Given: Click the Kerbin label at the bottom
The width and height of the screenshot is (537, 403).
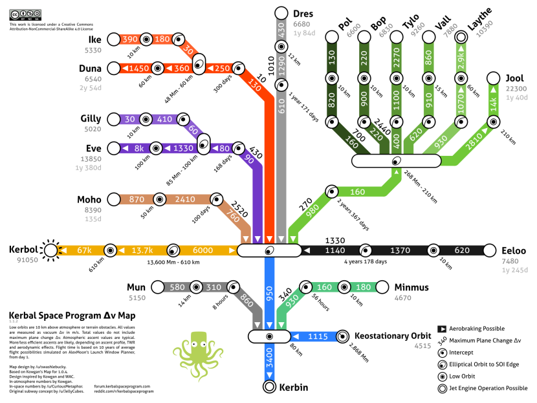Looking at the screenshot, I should pos(294,387).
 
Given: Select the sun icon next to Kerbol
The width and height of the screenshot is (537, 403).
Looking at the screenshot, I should pos(50,250).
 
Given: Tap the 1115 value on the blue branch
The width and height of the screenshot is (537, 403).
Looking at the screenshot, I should pos(318,336).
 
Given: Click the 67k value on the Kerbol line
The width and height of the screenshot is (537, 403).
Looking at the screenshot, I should pos(84,250).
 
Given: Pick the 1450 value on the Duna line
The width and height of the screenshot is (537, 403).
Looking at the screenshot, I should pos(138,68).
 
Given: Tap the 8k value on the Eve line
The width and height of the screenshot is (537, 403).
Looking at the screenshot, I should pos(138,148).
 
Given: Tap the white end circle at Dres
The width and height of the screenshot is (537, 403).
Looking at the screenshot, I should pos(281,13).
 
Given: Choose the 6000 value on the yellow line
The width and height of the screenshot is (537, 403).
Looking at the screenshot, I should pos(202,250).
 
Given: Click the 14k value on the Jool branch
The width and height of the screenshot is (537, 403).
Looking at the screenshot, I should pos(493,103).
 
